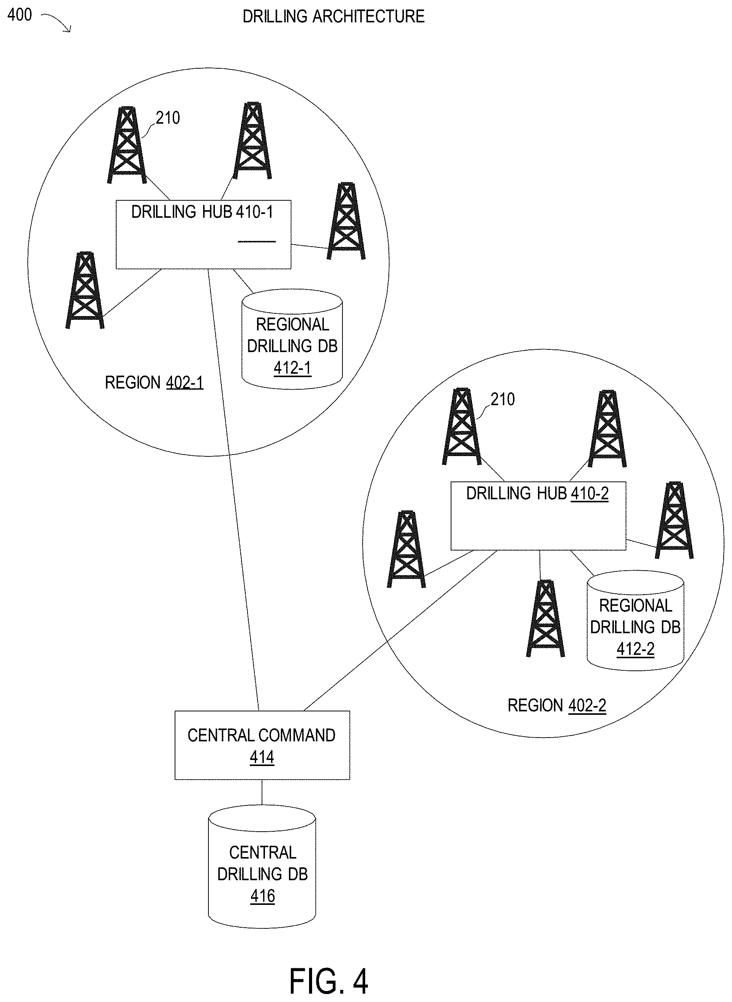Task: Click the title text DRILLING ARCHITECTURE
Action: coord(333,17)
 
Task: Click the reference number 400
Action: coord(19,15)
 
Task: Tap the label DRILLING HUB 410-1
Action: coord(202,212)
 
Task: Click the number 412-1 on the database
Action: coord(292,368)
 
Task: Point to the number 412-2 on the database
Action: coord(636,649)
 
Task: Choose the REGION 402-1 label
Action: coord(154,382)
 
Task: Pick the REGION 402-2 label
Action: coord(557,705)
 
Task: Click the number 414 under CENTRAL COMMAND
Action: coord(262,757)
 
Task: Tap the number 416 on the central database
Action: coord(263,896)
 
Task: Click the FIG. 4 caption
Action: coord(329,981)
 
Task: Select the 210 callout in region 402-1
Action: coord(168,118)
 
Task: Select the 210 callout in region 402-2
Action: coord(502,400)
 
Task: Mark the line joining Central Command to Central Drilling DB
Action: coord(262,792)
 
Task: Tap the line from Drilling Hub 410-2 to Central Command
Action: coord(401,631)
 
